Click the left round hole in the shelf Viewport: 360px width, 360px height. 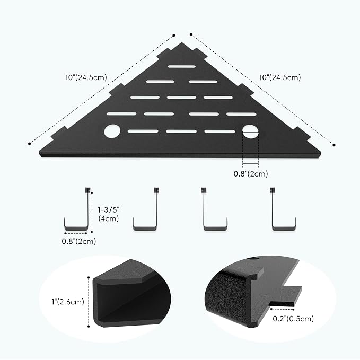coord(112,131)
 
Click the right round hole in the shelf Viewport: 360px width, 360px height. coord(250,131)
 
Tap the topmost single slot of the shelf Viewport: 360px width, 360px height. coord(182,67)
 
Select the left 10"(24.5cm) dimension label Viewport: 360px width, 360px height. coord(86,77)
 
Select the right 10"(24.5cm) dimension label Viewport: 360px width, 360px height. coord(280,77)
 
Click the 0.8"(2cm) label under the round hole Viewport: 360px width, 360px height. coord(251,174)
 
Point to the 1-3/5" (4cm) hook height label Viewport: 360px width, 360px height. coord(109,214)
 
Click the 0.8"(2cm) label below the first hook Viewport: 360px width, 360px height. coord(79,241)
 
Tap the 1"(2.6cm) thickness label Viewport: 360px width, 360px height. coord(68,302)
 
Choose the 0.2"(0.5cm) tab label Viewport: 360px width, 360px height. coord(293,319)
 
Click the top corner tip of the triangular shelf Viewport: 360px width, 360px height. coord(182,42)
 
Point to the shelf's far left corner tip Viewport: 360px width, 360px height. coord(39,153)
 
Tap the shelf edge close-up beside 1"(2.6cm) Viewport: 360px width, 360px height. coord(131,294)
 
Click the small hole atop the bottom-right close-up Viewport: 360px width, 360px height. coord(254,259)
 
